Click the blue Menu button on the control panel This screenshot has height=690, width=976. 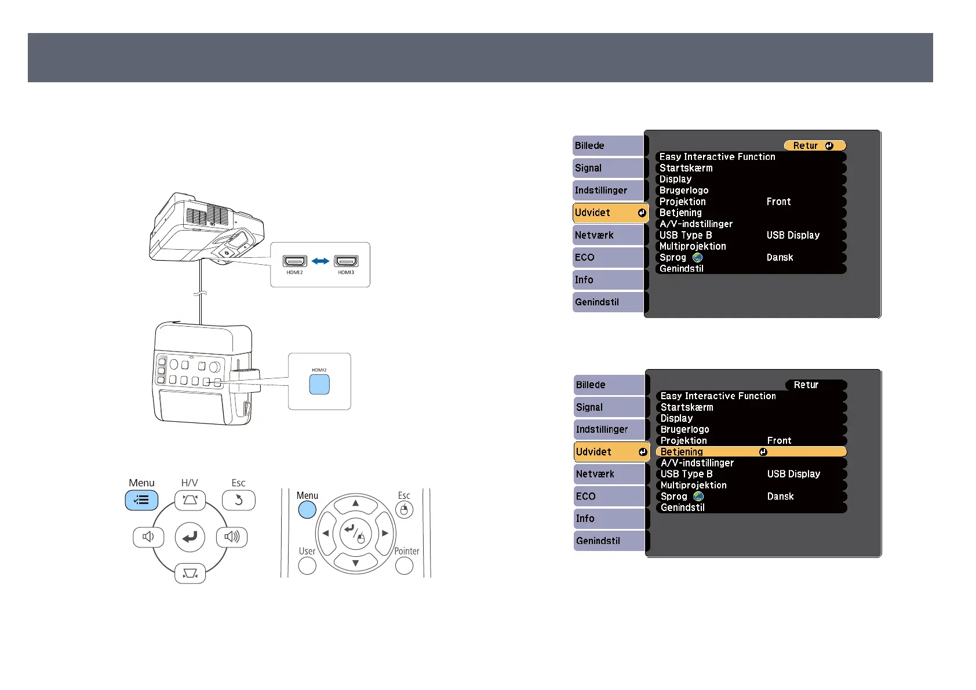[x=141, y=500]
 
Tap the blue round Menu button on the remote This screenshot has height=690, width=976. [x=307, y=510]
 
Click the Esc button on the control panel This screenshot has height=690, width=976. [x=238, y=500]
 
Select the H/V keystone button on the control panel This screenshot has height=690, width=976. [x=190, y=500]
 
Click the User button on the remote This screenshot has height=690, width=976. [x=307, y=565]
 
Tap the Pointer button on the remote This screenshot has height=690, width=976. [x=404, y=565]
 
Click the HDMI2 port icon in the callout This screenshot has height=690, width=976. [x=294, y=261]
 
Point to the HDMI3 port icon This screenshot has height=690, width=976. [x=346, y=261]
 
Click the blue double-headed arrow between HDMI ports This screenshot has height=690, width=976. [x=321, y=261]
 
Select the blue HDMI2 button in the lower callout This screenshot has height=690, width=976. [x=319, y=384]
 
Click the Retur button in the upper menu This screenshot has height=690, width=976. [x=814, y=146]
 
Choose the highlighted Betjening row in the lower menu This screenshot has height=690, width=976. [x=751, y=452]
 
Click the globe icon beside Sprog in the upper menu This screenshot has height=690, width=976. [x=698, y=257]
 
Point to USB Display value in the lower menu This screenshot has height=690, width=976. [x=793, y=474]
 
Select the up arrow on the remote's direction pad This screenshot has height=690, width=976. [x=355, y=503]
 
